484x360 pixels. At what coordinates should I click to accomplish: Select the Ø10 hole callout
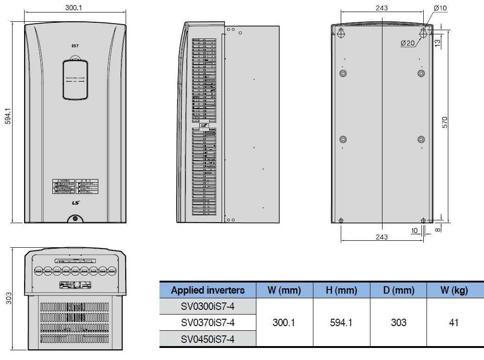point(440,8)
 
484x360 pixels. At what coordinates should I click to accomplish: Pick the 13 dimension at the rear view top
point(438,42)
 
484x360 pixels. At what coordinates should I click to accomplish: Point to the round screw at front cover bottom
point(75,219)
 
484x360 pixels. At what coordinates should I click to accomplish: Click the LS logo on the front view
point(75,202)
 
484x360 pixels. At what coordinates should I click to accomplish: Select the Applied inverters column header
point(208,290)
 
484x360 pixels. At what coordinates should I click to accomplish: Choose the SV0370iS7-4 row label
point(208,322)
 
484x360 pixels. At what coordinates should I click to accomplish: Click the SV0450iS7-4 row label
point(208,339)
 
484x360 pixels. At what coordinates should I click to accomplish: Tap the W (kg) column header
point(454,290)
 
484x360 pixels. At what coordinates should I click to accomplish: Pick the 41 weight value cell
point(454,322)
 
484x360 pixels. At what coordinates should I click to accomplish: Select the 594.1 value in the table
point(341,322)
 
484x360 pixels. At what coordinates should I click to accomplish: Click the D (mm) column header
point(398,290)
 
